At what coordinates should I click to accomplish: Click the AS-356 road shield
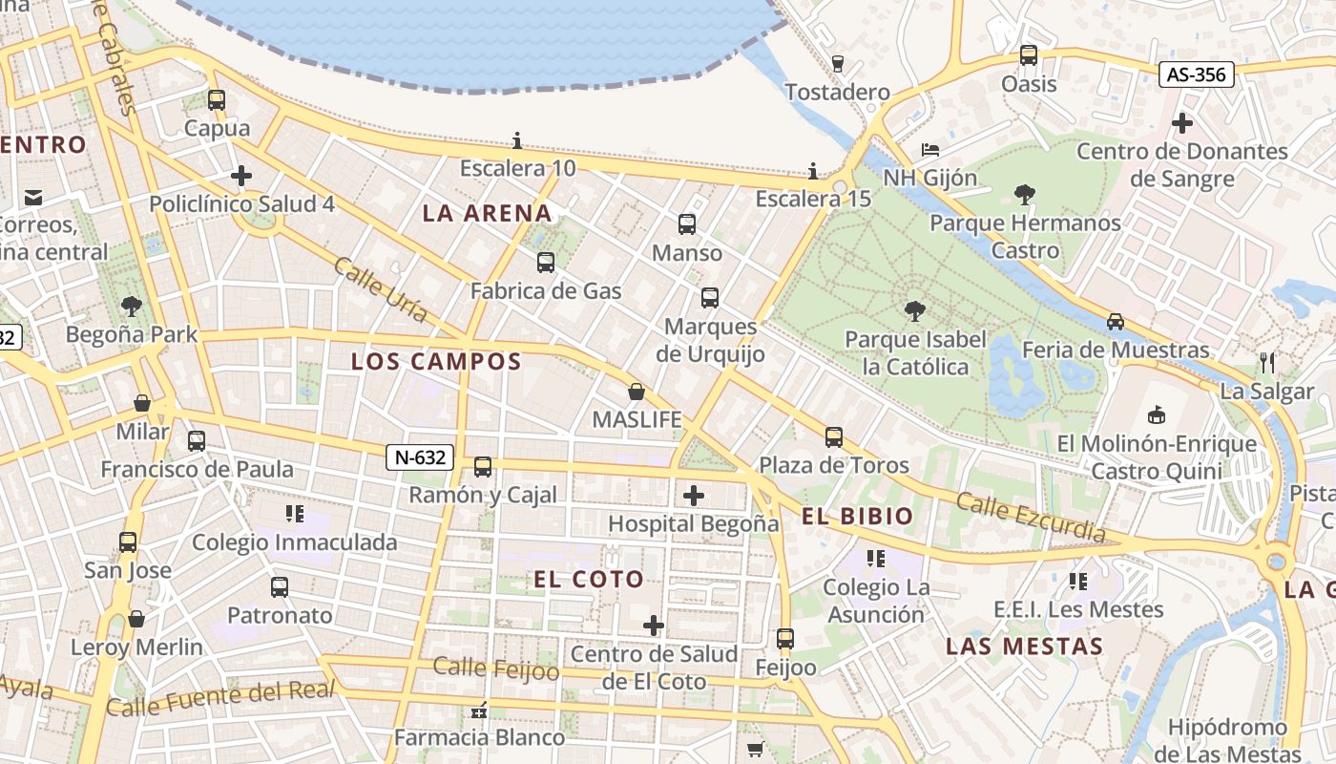click(1197, 74)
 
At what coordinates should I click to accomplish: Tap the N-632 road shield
click(420, 457)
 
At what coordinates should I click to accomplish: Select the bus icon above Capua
click(217, 99)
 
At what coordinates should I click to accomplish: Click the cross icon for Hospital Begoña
click(694, 496)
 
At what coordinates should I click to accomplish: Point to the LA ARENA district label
click(488, 214)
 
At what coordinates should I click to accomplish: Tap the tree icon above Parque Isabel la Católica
click(914, 310)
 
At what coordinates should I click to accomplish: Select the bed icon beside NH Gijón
click(930, 150)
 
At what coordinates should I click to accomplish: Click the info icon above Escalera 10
click(517, 141)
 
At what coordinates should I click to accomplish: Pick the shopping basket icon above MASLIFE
click(637, 392)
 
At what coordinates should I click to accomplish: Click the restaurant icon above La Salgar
click(1267, 363)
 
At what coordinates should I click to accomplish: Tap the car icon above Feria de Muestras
click(1116, 322)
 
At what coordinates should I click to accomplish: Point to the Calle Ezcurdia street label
click(1032, 518)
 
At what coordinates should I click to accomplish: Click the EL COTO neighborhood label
click(589, 580)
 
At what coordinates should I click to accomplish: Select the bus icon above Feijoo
click(785, 638)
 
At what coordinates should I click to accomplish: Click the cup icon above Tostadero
click(838, 64)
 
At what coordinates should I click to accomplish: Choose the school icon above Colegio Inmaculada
click(295, 514)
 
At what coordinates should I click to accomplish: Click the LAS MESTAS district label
click(1024, 647)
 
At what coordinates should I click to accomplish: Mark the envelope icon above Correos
click(33, 198)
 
